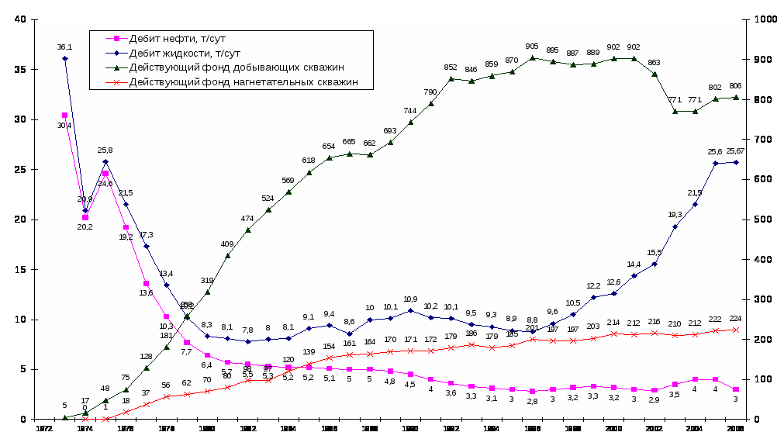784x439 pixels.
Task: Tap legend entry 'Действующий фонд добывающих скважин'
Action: tap(224, 67)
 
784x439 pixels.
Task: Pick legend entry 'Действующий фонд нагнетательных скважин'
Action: tap(233, 82)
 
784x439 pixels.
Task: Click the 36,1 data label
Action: tap(64, 47)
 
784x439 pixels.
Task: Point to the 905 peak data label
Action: tap(532, 47)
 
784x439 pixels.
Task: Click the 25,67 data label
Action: tap(736, 151)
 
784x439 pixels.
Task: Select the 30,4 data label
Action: tap(64, 126)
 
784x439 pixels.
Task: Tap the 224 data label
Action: tap(736, 319)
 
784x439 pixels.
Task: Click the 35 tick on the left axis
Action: tap(20, 70)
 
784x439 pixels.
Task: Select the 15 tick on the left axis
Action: tap(20, 269)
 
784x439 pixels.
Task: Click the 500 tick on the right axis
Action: tap(758, 219)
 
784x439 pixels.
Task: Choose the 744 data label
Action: tap(410, 111)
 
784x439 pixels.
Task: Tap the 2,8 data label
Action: tap(532, 402)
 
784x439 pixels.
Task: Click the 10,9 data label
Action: tap(410, 299)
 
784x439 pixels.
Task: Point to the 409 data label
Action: tap(228, 244)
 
